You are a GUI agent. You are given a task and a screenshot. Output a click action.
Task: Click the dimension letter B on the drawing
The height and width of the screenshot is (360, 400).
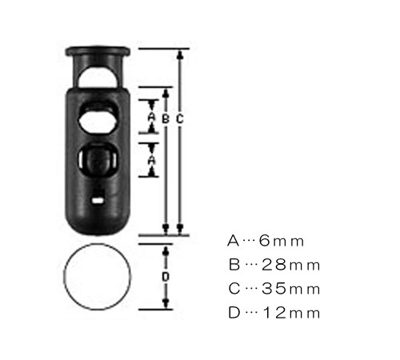(166, 118)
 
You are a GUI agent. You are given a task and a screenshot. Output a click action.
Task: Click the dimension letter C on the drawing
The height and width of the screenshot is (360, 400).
(180, 118)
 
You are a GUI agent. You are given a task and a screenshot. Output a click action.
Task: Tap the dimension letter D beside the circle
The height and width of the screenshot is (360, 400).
(166, 277)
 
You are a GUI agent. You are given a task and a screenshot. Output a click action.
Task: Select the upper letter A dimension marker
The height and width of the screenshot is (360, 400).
(151, 117)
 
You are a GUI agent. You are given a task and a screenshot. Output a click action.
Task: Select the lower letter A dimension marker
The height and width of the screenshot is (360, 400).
(151, 160)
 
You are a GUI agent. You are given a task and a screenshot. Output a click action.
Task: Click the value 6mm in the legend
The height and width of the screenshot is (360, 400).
(282, 241)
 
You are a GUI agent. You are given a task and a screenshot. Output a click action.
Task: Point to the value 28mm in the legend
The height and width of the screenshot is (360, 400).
(290, 265)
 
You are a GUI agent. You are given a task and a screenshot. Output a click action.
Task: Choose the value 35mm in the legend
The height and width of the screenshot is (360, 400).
(290, 289)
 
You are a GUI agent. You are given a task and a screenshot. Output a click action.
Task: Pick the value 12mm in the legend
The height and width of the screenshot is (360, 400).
(291, 313)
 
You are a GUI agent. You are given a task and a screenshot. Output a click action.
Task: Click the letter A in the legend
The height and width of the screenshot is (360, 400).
(233, 241)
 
